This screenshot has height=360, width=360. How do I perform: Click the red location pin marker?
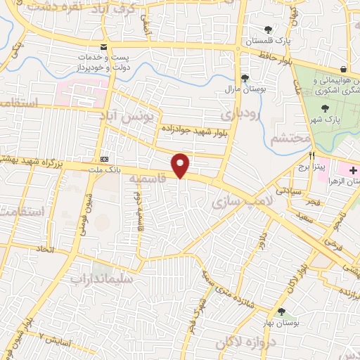point(181,166)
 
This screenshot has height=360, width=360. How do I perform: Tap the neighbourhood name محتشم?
point(290,139)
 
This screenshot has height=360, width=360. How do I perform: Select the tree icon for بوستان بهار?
point(282,312)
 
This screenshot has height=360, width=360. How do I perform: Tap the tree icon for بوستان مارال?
point(245,79)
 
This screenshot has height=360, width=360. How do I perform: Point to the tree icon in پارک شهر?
point(324,108)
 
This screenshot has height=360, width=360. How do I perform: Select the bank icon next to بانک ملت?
point(104,159)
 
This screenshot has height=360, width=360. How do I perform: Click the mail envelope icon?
point(104,47)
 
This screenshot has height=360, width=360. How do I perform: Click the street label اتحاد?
point(44,250)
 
